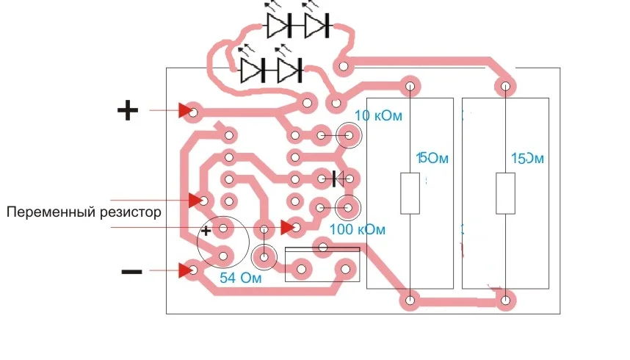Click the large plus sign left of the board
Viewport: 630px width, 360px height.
point(128,111)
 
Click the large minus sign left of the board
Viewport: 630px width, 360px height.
point(131,272)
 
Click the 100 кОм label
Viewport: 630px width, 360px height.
point(358,229)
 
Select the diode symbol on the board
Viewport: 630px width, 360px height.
point(338,178)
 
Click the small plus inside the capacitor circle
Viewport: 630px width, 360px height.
point(207,231)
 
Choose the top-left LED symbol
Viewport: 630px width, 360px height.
point(278,26)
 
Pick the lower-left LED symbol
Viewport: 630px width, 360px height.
point(252,71)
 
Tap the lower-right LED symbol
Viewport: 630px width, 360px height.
point(289,71)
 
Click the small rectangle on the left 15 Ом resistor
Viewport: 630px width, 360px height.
point(410,193)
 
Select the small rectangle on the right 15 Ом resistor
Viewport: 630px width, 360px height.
point(505,193)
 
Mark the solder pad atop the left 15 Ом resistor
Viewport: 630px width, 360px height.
point(410,87)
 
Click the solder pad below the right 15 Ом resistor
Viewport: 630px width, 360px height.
point(506,300)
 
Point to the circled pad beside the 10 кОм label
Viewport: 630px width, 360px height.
point(350,136)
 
